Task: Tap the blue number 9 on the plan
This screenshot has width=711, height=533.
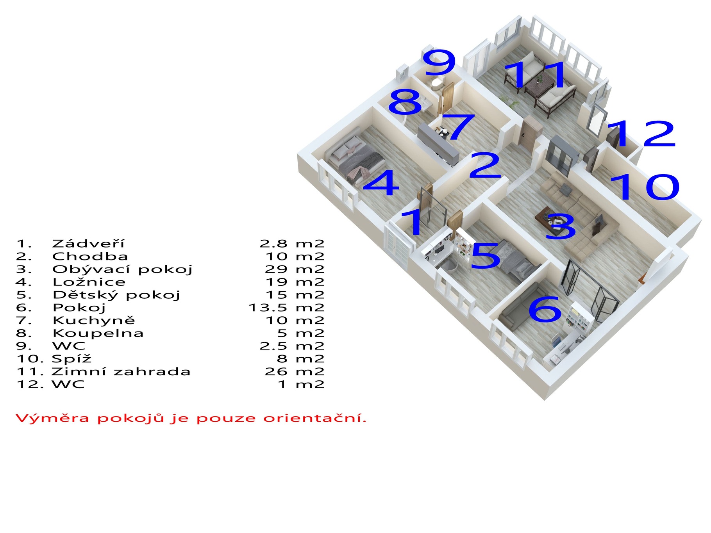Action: (440, 62)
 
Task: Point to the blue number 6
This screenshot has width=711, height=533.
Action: (545, 309)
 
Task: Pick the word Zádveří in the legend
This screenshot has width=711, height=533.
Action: (88, 244)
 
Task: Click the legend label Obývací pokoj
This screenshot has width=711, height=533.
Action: (123, 269)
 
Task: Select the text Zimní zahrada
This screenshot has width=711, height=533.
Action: (121, 371)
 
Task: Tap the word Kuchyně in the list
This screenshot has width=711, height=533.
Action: (94, 320)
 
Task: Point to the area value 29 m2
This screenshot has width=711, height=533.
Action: (295, 269)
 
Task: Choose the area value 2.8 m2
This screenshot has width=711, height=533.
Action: (292, 244)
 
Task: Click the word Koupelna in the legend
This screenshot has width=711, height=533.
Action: (98, 333)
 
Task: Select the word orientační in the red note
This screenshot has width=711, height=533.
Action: (315, 418)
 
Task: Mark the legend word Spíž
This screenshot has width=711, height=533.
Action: (71, 359)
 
